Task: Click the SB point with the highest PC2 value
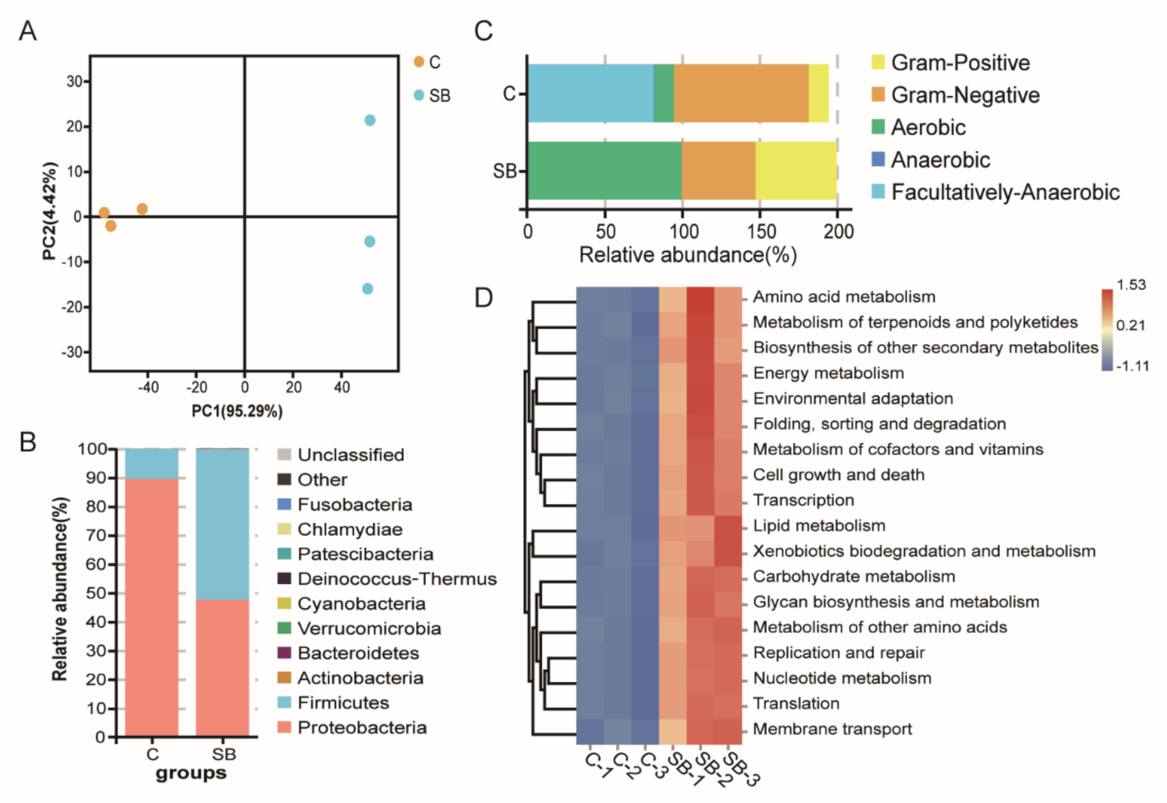click(370, 120)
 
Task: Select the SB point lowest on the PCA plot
click(368, 288)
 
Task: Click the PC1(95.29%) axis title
click(237, 411)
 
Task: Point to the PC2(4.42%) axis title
click(50, 210)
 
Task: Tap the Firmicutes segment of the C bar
click(152, 463)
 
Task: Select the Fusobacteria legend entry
click(354, 504)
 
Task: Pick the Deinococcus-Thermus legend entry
click(397, 578)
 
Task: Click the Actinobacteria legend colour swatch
click(284, 677)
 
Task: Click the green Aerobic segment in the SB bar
click(604, 171)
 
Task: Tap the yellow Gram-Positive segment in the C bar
click(818, 94)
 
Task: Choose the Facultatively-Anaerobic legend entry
click(1005, 193)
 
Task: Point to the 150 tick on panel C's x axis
click(760, 232)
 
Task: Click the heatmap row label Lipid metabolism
click(819, 525)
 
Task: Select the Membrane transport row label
click(832, 729)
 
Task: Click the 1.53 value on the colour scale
click(1130, 285)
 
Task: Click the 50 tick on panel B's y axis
click(96, 593)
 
